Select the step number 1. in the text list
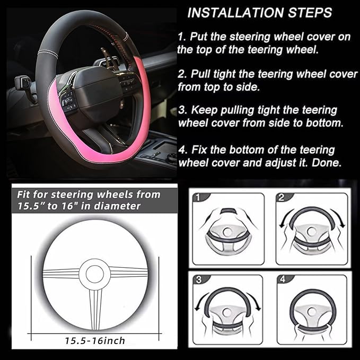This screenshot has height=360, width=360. click(x=183, y=37)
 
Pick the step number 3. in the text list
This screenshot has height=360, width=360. click(x=183, y=111)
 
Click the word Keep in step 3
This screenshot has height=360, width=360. click(x=204, y=111)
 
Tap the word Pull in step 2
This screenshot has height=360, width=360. click(x=202, y=74)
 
